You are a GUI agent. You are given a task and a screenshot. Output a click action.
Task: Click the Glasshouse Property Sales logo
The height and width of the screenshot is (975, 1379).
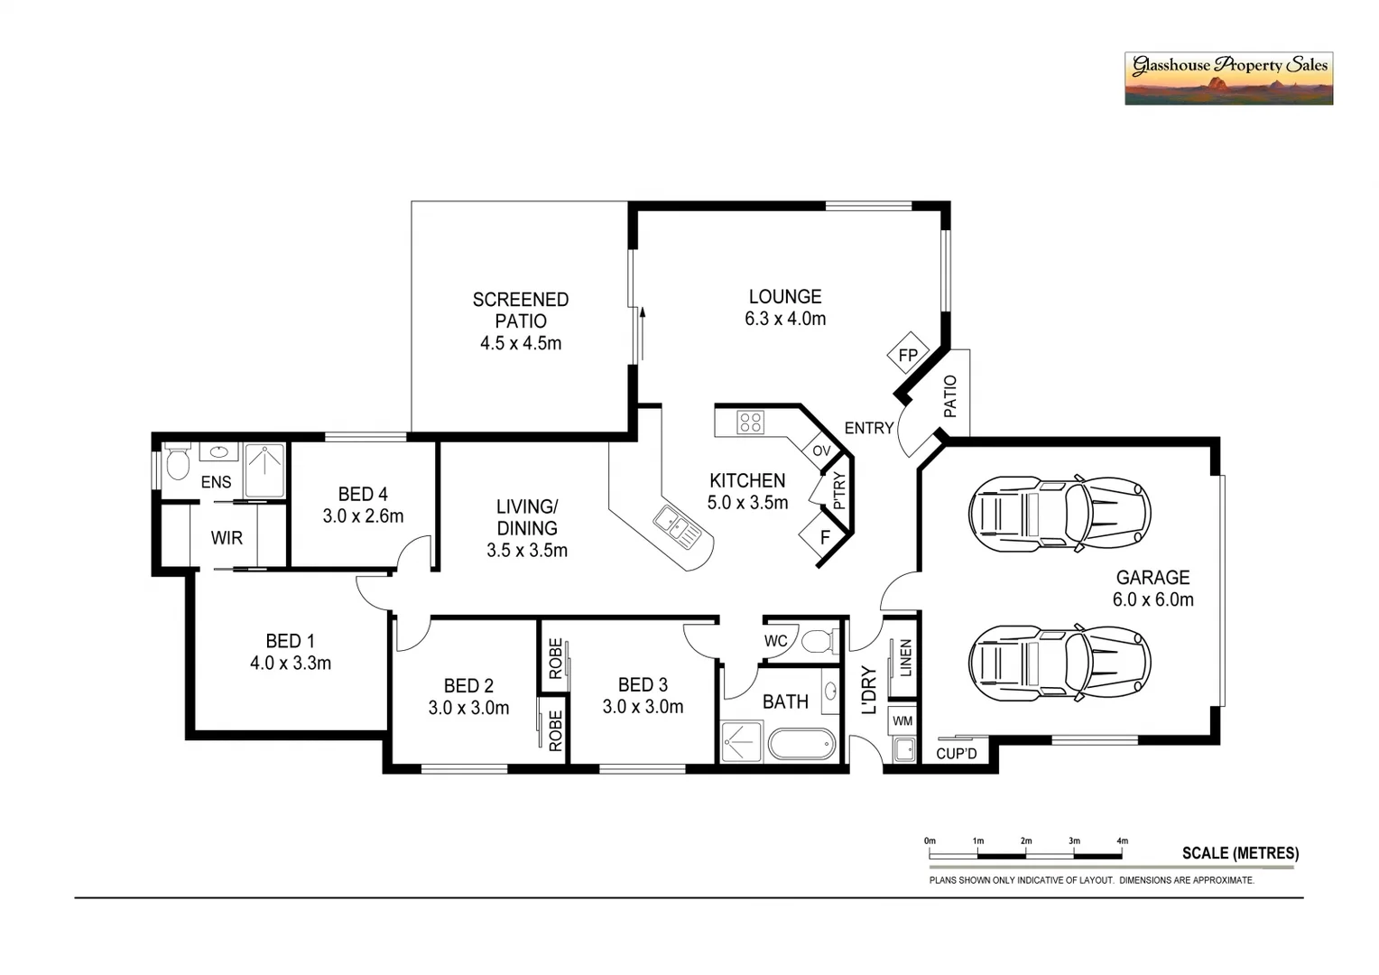tap(1227, 79)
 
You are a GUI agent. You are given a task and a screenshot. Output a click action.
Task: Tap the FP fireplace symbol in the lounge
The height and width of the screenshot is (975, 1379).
tap(908, 355)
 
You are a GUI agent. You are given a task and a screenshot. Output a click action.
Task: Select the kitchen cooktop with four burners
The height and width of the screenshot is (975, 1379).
tap(750, 422)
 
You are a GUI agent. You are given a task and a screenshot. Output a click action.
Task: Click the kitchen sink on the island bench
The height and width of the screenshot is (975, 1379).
tap(677, 528)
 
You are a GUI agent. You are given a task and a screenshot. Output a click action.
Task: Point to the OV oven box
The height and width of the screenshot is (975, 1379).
tap(821, 450)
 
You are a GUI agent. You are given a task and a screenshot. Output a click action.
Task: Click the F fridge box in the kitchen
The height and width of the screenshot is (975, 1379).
tap(824, 537)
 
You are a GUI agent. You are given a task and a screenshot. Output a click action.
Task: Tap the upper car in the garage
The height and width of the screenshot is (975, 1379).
tap(1059, 513)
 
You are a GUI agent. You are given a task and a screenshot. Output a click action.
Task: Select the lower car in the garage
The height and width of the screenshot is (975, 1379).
tap(1059, 663)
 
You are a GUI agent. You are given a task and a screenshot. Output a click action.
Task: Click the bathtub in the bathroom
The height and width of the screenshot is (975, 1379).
tap(801, 745)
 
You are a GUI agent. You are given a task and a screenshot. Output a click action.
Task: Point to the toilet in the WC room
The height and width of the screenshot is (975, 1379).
tap(818, 642)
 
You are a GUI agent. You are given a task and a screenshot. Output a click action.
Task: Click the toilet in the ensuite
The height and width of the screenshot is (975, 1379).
tap(178, 462)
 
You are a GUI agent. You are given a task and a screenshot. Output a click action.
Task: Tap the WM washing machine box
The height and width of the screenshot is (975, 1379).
tap(902, 721)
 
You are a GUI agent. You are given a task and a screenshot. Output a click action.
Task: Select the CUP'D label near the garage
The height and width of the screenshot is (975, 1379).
tap(957, 753)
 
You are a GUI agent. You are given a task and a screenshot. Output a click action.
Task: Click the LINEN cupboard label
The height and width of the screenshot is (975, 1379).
tap(905, 657)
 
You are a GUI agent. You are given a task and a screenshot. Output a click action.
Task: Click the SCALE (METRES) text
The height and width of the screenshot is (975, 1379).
tap(1240, 853)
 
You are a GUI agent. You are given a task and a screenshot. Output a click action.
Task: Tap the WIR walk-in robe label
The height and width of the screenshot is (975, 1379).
tap(227, 538)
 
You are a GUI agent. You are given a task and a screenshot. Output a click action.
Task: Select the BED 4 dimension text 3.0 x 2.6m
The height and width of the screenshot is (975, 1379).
tap(363, 516)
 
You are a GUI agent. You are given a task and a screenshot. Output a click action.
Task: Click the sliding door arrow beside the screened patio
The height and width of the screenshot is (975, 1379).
tap(643, 314)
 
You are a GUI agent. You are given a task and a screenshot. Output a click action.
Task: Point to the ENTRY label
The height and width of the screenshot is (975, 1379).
tap(868, 428)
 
